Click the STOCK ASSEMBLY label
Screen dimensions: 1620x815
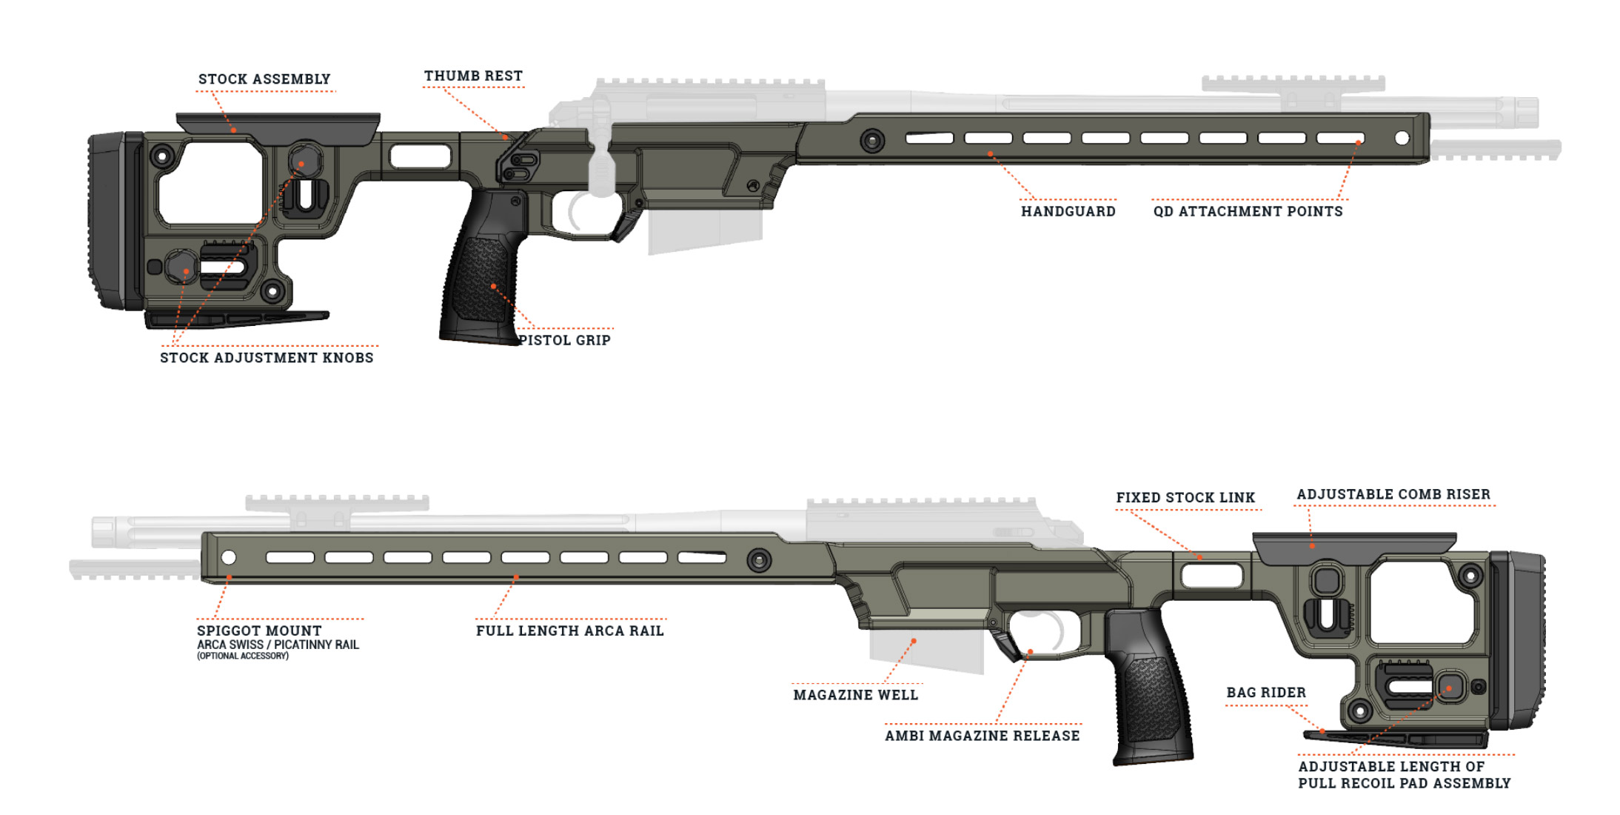tap(264, 79)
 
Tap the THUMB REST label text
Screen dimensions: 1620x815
tap(473, 76)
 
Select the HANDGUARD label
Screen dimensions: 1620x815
tap(1068, 212)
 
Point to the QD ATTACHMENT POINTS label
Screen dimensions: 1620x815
tap(1248, 212)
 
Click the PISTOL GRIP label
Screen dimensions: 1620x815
tap(564, 341)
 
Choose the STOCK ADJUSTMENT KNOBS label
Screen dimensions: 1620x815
tap(267, 358)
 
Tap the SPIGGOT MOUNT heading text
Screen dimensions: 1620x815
tap(259, 631)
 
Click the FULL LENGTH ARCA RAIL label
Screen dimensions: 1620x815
tap(570, 631)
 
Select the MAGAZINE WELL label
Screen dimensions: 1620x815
tap(856, 695)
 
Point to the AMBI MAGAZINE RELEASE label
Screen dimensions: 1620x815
tap(983, 736)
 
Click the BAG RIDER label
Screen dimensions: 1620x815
tap(1266, 693)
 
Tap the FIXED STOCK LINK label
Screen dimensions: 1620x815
tap(1185, 498)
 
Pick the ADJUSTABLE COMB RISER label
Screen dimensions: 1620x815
tap(1393, 494)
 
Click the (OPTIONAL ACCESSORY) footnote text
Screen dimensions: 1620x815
tap(243, 656)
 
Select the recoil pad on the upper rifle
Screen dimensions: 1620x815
tap(115, 221)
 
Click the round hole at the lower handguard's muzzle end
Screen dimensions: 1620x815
tap(229, 557)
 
